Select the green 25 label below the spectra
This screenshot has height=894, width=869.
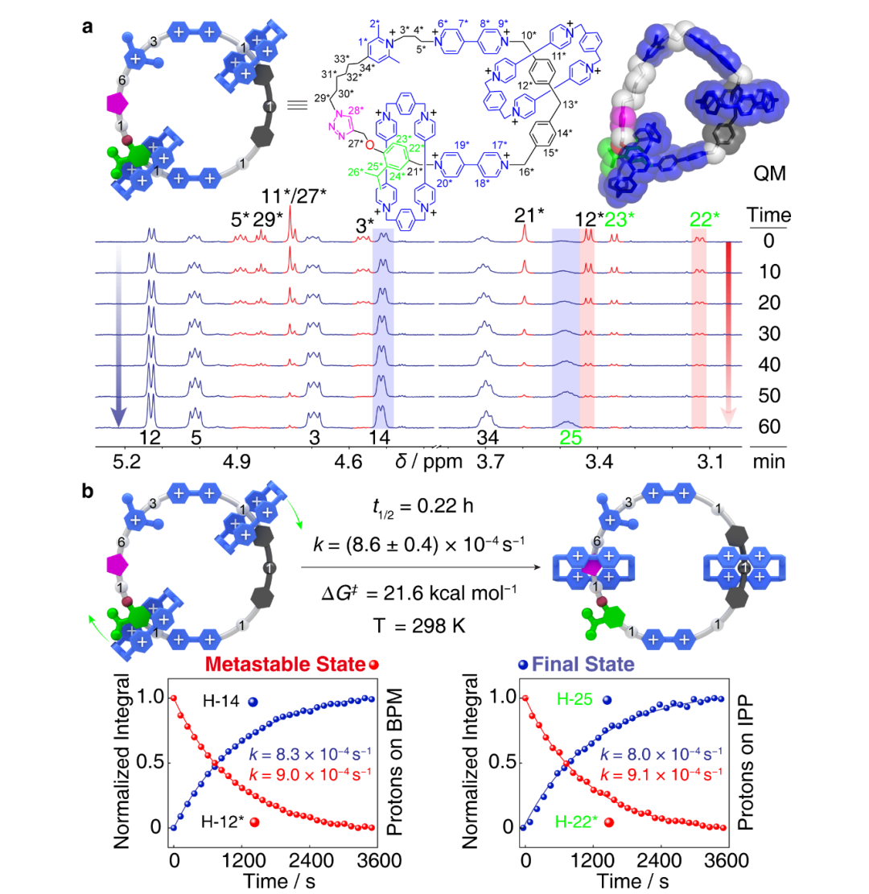click(570, 439)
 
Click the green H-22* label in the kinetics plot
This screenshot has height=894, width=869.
click(577, 822)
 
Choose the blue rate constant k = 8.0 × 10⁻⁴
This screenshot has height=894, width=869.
click(661, 755)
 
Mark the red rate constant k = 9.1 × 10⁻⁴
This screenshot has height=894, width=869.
click(661, 773)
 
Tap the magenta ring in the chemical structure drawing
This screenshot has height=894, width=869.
click(340, 126)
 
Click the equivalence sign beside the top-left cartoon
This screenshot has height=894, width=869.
click(298, 105)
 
